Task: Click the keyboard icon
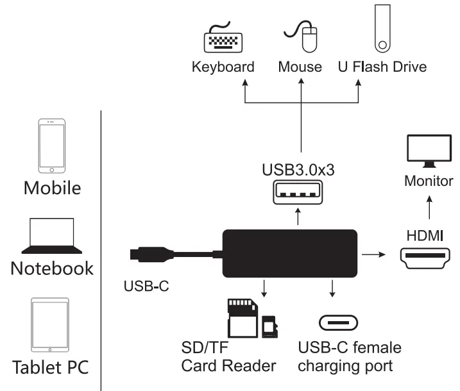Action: pyautogui.click(x=223, y=40)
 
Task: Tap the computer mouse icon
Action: pyautogui.click(x=303, y=37)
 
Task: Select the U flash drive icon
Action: pyautogui.click(x=382, y=29)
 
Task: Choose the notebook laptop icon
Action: pyautogui.click(x=52, y=236)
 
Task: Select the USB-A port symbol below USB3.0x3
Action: pyautogui.click(x=298, y=193)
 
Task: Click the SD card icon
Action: pyautogui.click(x=241, y=318)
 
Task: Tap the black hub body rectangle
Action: pyautogui.click(x=289, y=254)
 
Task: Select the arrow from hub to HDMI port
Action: pyautogui.click(x=373, y=254)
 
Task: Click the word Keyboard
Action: pyautogui.click(x=223, y=67)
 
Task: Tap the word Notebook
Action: pyautogui.click(x=52, y=267)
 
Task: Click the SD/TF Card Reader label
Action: pyautogui.click(x=228, y=357)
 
